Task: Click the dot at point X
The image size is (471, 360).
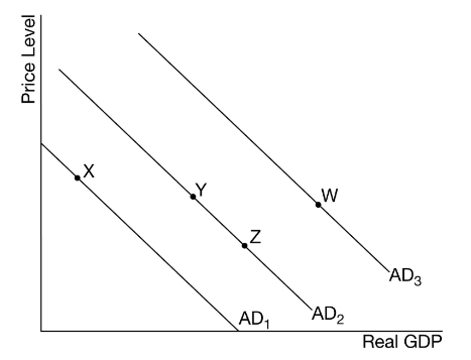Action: [77, 178]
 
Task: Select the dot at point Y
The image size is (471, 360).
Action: [193, 197]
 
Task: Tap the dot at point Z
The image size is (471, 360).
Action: [245, 245]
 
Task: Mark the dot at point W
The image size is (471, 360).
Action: [318, 205]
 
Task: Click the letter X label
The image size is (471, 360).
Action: [89, 171]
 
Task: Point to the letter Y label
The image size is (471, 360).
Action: [201, 190]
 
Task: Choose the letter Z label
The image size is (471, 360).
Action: [255, 237]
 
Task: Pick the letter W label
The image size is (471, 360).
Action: [329, 195]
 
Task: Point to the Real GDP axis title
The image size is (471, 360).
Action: [402, 342]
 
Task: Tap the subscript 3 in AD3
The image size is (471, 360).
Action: [417, 281]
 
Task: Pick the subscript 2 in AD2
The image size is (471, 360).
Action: [340, 319]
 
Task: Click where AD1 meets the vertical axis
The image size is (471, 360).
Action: [41, 144]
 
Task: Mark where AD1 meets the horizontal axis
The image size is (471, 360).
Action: [238, 331]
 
